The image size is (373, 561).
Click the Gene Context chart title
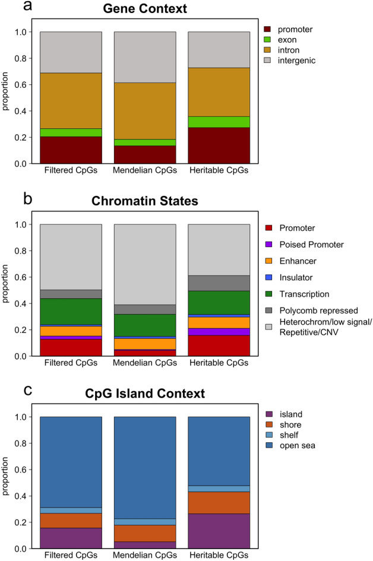(x=145, y=9)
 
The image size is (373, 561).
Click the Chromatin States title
(x=145, y=201)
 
